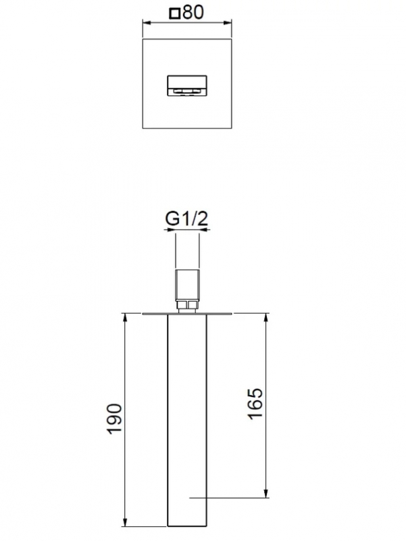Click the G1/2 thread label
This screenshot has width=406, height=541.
[x=187, y=219]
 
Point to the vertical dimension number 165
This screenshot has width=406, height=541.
[x=254, y=404]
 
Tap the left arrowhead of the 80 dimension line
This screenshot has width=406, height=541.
[x=145, y=24]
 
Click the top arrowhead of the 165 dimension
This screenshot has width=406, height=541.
[x=267, y=317]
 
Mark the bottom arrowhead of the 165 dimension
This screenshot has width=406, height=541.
[x=267, y=494]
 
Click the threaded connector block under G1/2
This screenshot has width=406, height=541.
[x=187, y=285]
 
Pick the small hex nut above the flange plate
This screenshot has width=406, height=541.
[x=187, y=307]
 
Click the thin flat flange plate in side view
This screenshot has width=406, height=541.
[x=187, y=314]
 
